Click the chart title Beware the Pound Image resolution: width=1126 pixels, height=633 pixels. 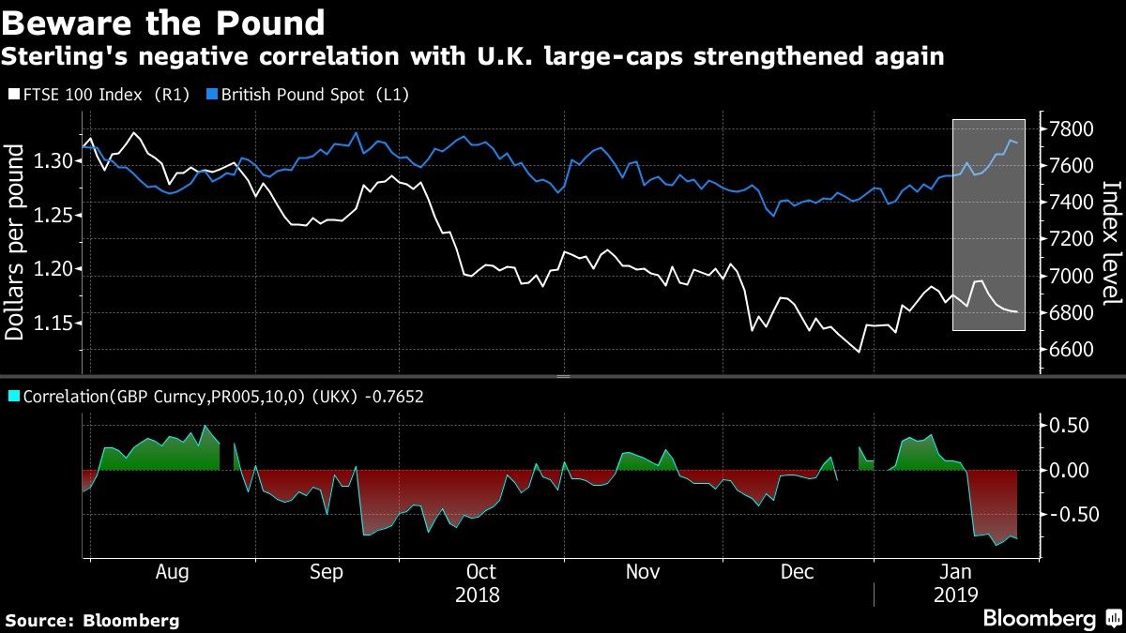[164, 23]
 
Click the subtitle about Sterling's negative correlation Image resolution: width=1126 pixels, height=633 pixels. [472, 56]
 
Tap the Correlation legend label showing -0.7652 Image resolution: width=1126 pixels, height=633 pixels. [215, 397]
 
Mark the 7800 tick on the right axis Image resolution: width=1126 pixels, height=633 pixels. [1071, 128]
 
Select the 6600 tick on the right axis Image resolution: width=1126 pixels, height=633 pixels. [1071, 349]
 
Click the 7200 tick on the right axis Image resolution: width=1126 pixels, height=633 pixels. [1071, 239]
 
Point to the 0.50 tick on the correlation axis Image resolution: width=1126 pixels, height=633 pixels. [1071, 426]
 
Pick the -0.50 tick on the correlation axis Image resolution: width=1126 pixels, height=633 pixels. [1068, 515]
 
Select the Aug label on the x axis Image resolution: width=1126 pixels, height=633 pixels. [173, 571]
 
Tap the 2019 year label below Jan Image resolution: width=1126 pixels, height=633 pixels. [955, 595]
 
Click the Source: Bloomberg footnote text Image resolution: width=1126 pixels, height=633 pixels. [92, 620]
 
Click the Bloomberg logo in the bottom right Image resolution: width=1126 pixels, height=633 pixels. [1050, 618]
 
